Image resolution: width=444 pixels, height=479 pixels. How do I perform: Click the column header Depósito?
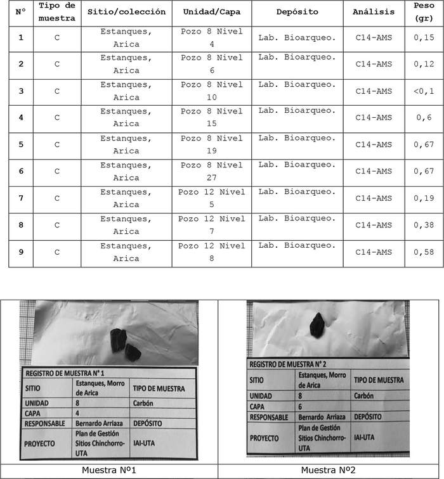(297, 12)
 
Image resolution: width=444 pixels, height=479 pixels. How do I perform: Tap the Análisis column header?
(374, 12)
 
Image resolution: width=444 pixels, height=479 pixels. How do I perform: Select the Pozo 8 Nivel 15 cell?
(212, 118)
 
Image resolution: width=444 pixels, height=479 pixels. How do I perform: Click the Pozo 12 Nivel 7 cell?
(212, 225)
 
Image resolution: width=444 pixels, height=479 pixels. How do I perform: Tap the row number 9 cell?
(20, 252)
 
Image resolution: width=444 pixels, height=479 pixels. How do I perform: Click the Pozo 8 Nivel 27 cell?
(212, 172)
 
